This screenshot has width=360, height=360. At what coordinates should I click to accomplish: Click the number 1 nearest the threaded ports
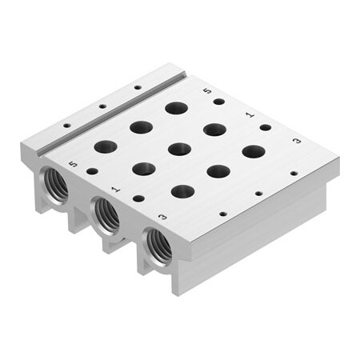click(x=117, y=190)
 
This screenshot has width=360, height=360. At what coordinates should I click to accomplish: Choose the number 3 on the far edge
click(x=297, y=141)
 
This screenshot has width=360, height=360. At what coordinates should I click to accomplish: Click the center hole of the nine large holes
click(x=179, y=149)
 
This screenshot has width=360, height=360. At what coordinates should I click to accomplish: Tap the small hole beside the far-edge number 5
click(x=218, y=102)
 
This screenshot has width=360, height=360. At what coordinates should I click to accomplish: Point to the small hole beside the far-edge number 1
click(x=265, y=127)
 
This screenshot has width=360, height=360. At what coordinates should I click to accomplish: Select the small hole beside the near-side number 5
click(x=93, y=170)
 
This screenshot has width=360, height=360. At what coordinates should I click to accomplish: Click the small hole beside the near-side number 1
click(x=139, y=198)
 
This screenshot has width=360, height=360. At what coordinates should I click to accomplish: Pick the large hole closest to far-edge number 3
click(x=254, y=150)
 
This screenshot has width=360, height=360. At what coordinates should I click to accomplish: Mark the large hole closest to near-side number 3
click(x=182, y=191)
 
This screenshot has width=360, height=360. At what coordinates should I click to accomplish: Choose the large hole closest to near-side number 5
click(x=105, y=146)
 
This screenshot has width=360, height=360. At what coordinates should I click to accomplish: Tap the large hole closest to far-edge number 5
click(x=176, y=106)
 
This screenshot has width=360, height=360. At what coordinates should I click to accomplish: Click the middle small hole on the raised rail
click(x=102, y=106)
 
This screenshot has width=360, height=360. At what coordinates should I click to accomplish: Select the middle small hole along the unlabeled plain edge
click(x=258, y=193)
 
